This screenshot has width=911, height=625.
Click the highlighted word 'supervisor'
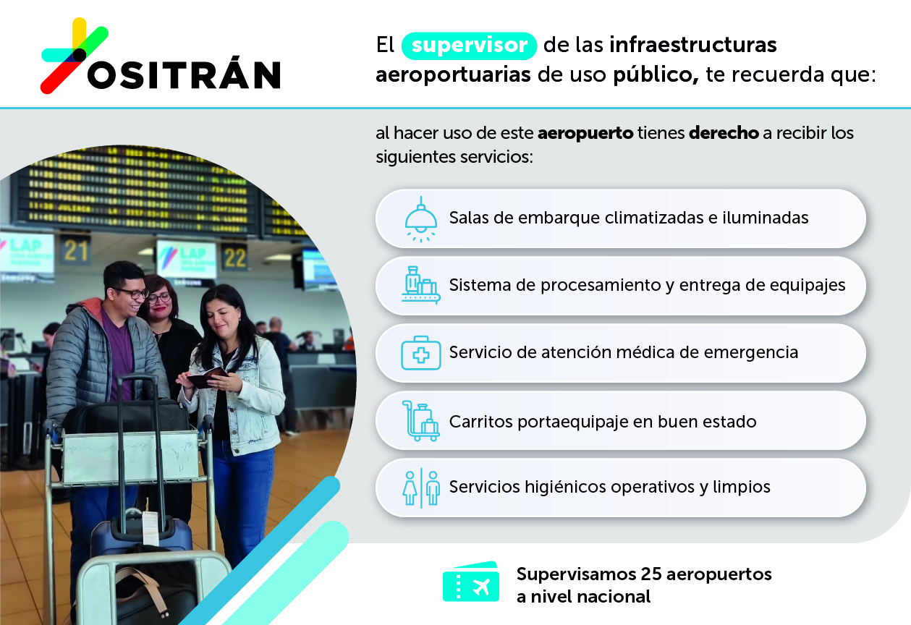(469, 45)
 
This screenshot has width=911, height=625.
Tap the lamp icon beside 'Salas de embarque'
(421, 220)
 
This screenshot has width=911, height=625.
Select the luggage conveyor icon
(421, 285)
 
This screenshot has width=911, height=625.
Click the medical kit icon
(421, 353)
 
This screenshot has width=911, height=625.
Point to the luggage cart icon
(421, 421)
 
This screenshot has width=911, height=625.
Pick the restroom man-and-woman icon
(421, 488)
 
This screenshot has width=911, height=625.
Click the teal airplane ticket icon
(471, 582)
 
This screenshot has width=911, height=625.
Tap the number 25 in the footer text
(651, 574)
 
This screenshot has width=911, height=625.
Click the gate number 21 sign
(76, 250)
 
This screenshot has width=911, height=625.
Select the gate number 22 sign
(235, 258)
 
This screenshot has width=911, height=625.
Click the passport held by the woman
(207, 378)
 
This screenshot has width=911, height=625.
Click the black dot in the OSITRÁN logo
(80, 55)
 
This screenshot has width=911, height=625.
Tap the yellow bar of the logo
(80, 33)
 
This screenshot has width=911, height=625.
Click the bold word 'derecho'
(724, 133)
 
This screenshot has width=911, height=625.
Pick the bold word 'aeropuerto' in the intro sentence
(585, 134)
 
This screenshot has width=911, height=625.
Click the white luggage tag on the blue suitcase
(150, 527)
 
